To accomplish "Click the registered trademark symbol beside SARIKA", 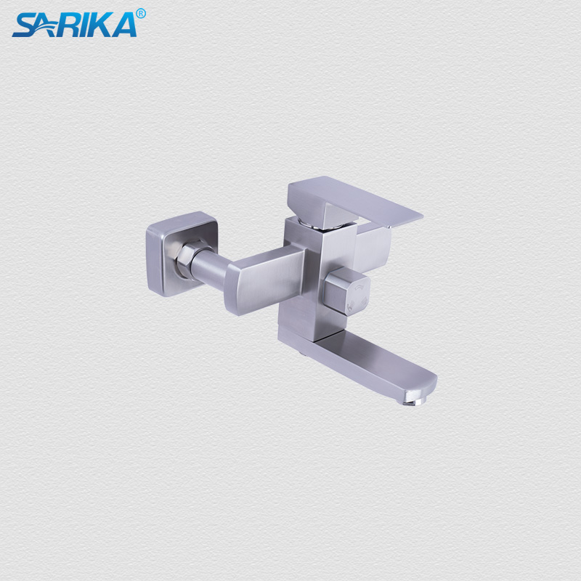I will [141, 13].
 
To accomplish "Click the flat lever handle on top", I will [356, 200].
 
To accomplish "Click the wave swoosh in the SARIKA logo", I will [44, 28].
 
